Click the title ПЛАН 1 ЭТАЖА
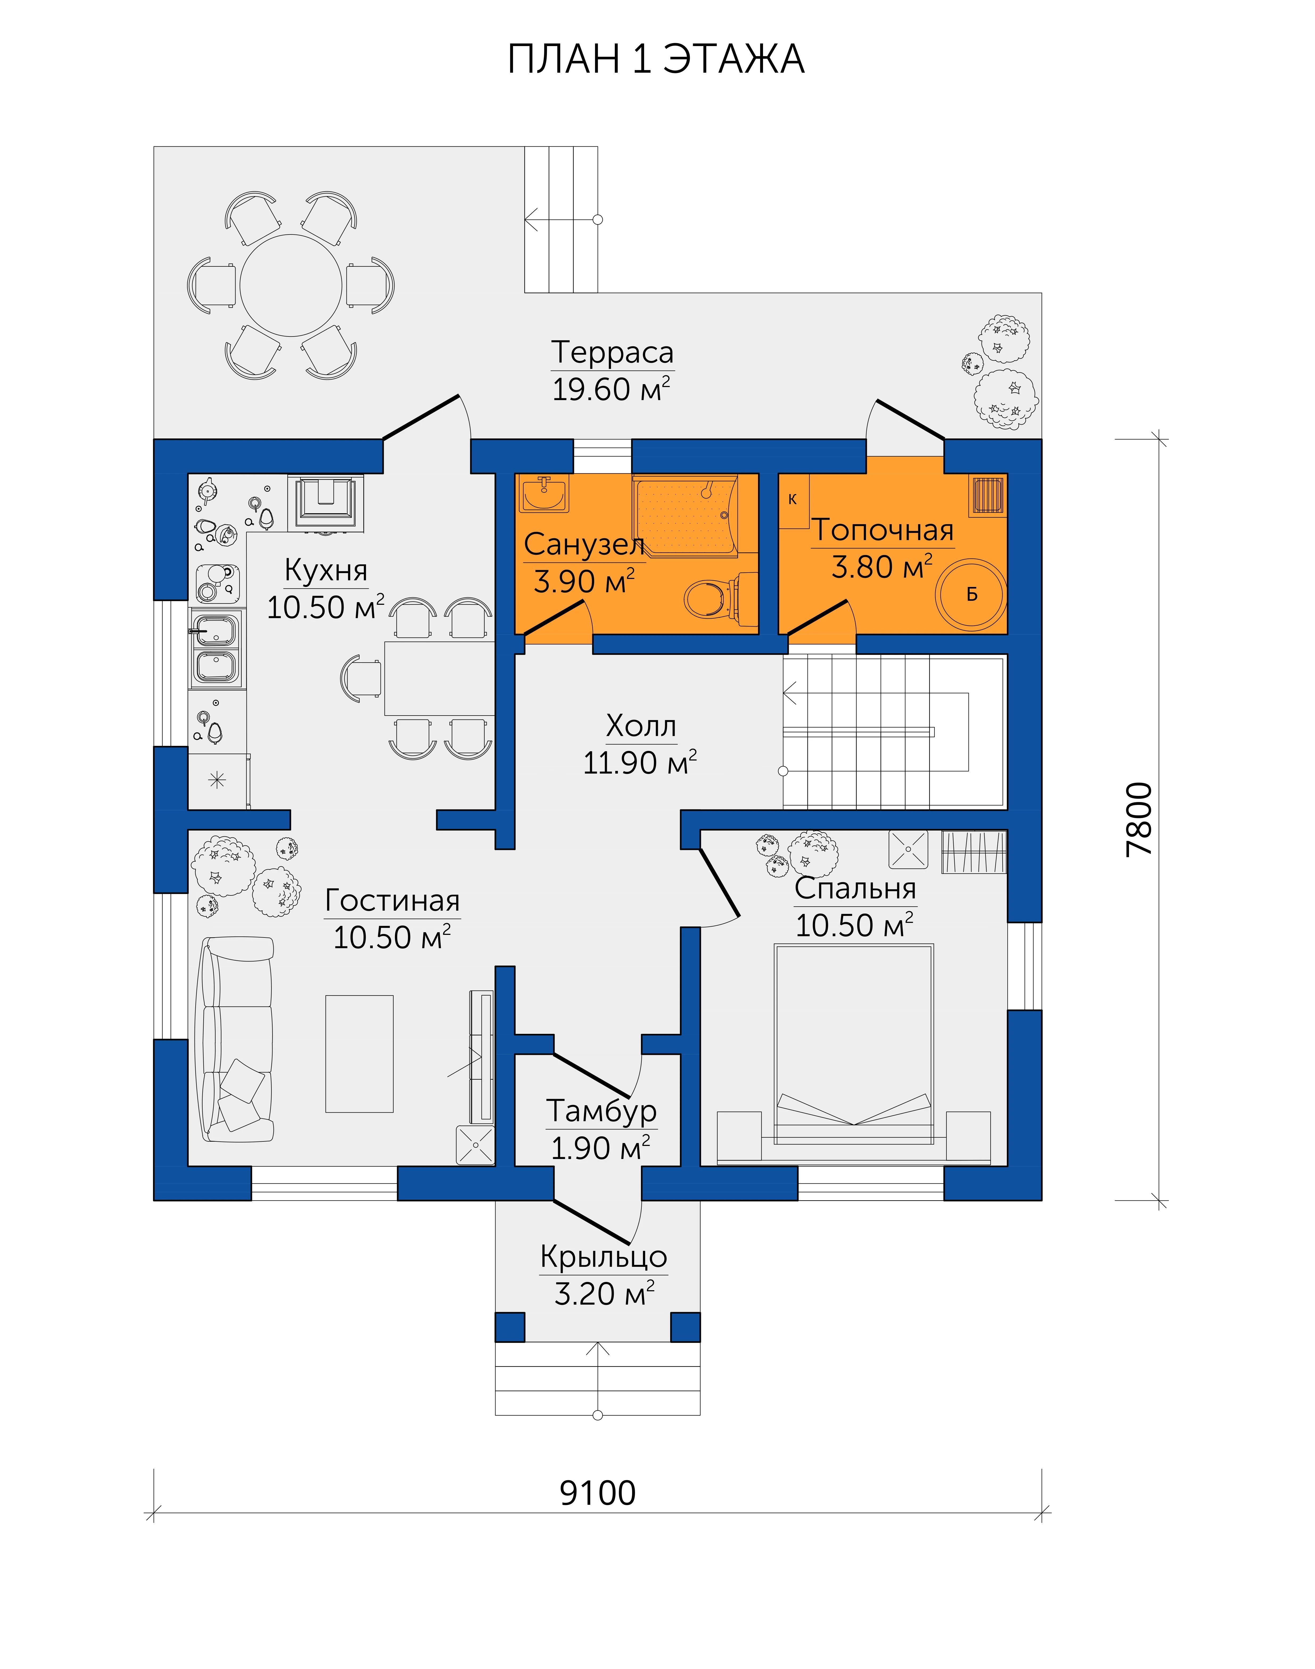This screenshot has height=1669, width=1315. (x=656, y=59)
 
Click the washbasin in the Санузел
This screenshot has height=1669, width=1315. (x=544, y=494)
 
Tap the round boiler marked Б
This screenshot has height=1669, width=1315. (x=971, y=594)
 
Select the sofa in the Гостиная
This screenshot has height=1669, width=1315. (x=237, y=1039)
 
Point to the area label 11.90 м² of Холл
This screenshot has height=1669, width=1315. (x=640, y=763)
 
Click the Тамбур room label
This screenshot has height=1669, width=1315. (x=601, y=1111)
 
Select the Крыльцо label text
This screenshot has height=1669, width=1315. (x=604, y=1256)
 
